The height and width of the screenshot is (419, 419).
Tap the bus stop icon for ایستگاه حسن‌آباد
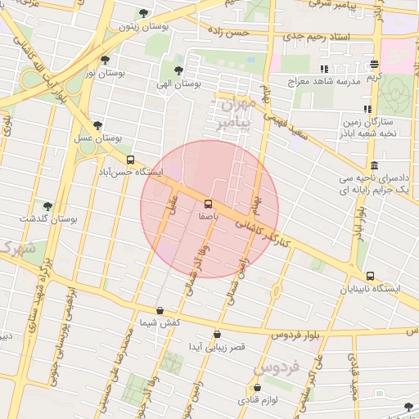(x=131, y=160)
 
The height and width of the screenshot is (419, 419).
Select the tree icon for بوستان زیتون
(x=144, y=13)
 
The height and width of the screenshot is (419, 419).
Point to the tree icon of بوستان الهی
(x=179, y=70)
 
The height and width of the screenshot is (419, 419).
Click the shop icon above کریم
(x=374, y=65)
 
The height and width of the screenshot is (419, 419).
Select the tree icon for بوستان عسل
(x=98, y=126)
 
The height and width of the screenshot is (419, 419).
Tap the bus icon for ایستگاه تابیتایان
(x=371, y=277)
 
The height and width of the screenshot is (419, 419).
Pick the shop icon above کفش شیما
(x=159, y=311)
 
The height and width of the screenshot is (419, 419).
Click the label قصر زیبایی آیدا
(x=216, y=347)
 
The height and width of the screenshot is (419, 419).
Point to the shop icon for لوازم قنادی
(x=259, y=387)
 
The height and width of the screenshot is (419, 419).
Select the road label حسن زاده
(x=228, y=31)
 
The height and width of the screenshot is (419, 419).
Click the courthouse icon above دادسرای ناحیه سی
(x=374, y=164)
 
